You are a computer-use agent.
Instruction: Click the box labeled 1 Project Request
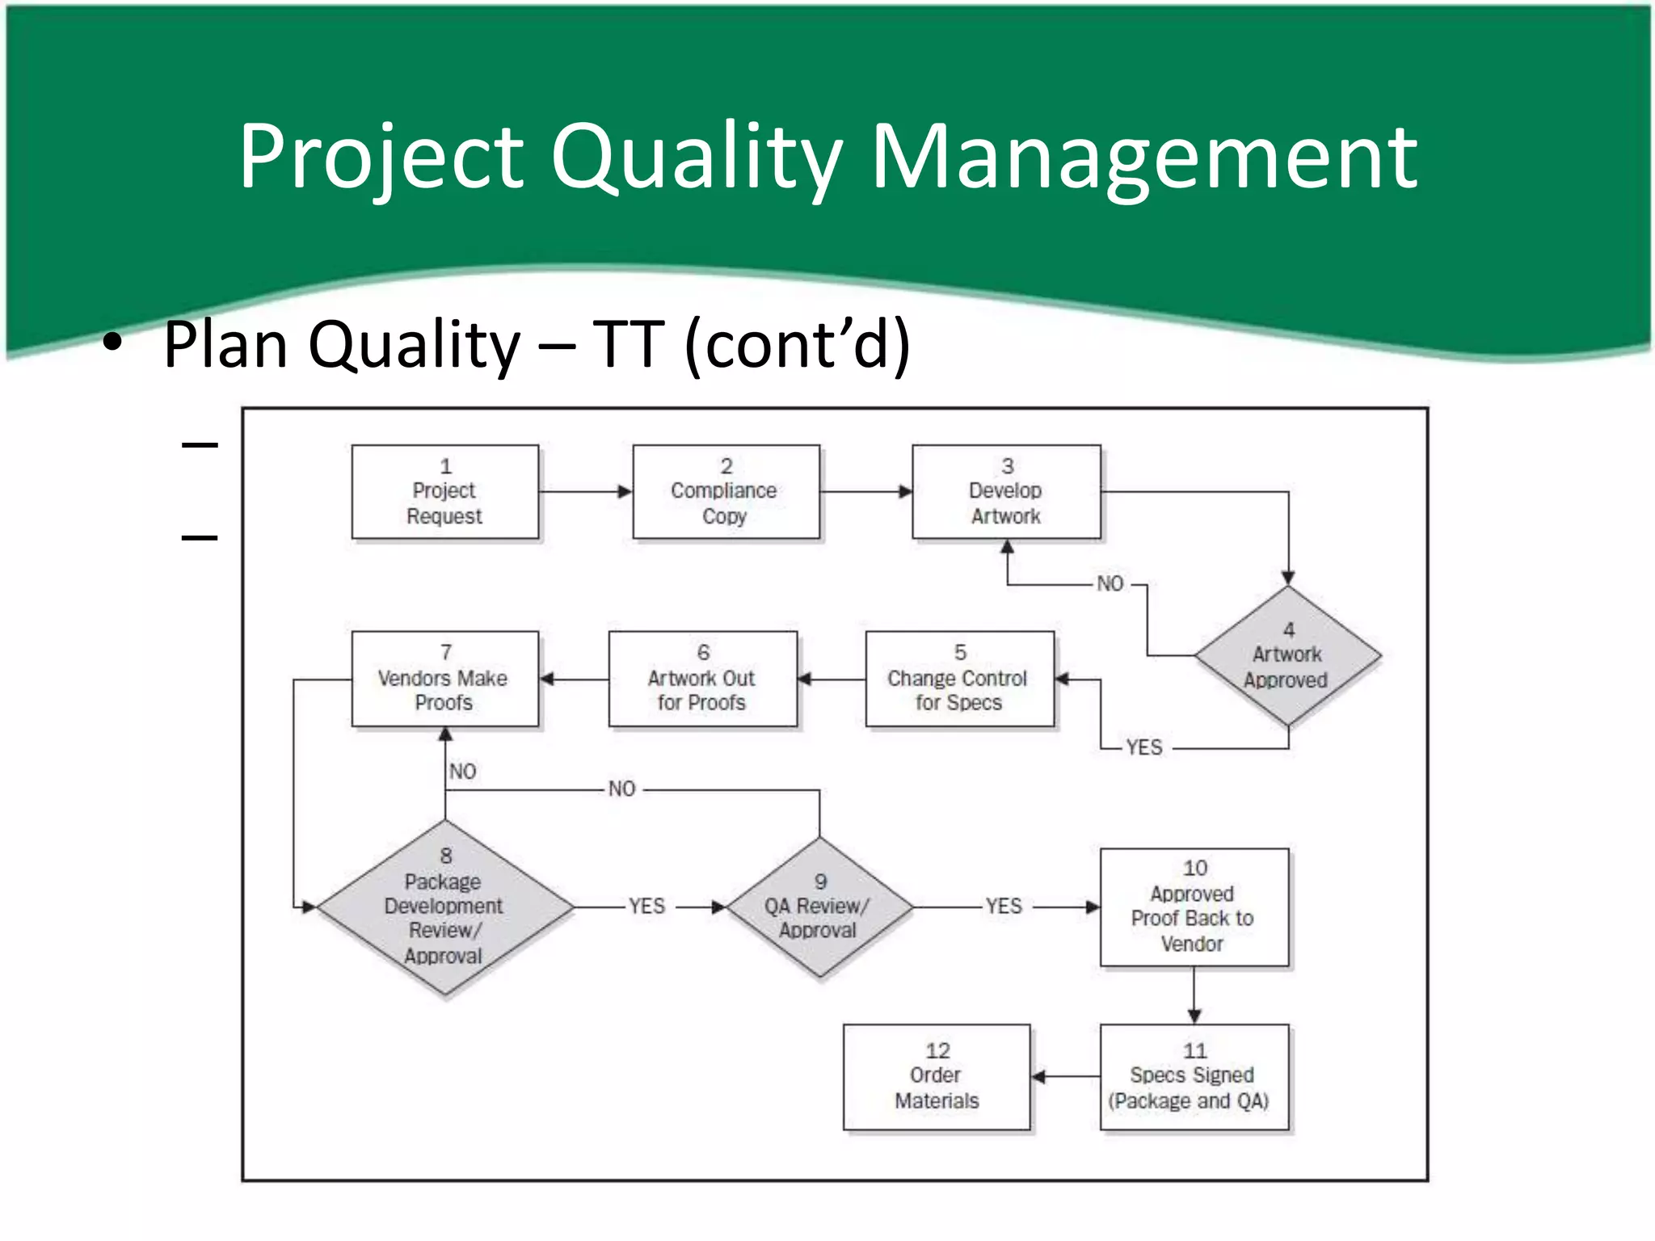point(444,491)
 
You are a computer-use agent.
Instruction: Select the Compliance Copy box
point(725,491)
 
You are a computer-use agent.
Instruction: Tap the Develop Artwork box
point(1005,491)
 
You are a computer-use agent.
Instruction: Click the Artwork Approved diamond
point(1287,655)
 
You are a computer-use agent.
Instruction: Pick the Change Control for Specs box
point(958,679)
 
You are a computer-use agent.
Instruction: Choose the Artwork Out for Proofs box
point(701,679)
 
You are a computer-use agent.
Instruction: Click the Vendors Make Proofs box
point(444,679)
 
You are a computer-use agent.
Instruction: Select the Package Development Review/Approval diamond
point(444,907)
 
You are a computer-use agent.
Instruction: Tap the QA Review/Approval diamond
point(819,907)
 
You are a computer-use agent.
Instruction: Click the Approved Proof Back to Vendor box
point(1194,907)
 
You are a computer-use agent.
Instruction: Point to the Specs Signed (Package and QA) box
point(1194,1076)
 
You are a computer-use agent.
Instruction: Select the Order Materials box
point(937,1076)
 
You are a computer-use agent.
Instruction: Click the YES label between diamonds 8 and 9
point(647,907)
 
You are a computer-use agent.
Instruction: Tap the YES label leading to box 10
point(1004,907)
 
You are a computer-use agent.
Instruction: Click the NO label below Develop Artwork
point(1110,583)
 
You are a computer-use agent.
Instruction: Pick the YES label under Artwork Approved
point(1144,747)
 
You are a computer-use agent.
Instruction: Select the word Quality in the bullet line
point(415,345)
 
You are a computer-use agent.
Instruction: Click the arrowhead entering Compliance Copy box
point(625,491)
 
